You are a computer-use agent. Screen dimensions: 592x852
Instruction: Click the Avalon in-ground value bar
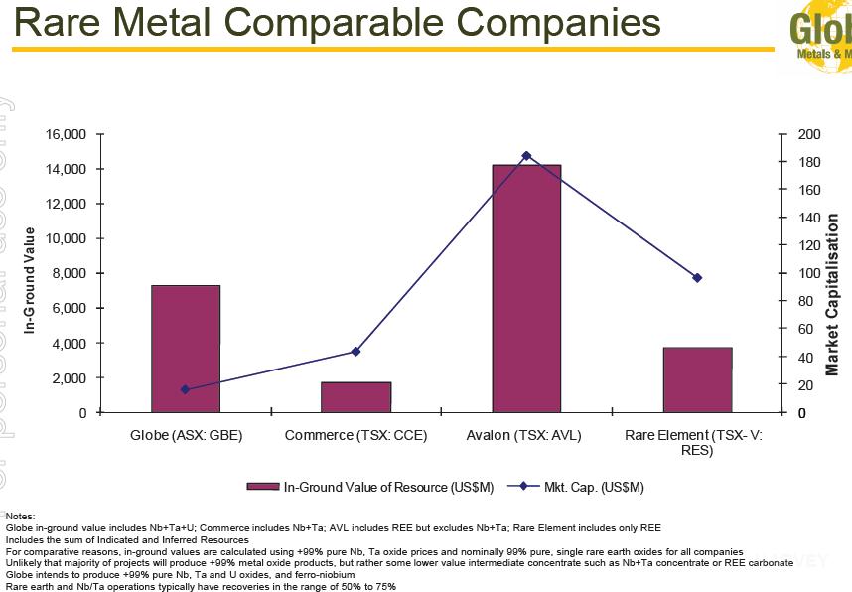point(526,288)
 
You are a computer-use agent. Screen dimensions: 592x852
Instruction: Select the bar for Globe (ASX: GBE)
point(186,349)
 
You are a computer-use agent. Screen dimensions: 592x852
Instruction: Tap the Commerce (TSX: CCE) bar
point(356,396)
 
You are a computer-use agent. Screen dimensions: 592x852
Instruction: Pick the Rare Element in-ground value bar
point(697,379)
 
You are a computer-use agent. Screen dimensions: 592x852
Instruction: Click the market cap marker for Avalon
point(526,156)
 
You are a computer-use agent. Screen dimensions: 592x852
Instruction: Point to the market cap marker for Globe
point(186,389)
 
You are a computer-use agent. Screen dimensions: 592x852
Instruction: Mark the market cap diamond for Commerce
point(356,352)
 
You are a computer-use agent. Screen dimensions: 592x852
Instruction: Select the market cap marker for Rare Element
point(697,278)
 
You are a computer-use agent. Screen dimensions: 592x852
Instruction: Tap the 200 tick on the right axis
point(809,134)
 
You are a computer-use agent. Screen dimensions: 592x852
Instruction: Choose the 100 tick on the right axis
point(809,273)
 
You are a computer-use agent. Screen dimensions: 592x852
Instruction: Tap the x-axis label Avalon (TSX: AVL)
point(523,435)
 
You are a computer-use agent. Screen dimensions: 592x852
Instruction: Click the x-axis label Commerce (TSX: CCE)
point(356,435)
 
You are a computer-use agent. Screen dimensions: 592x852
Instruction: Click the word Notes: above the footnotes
point(20,517)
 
